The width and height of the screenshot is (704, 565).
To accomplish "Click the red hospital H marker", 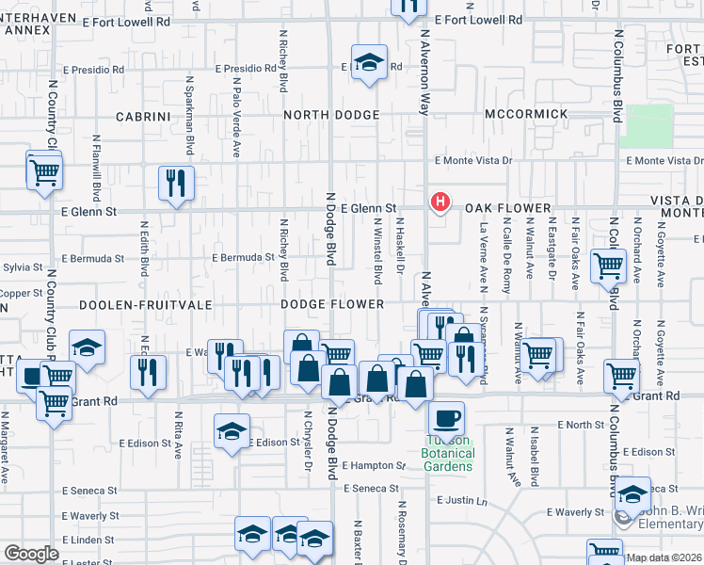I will click(439, 202).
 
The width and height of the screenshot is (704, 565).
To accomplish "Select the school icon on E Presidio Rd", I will click(370, 62).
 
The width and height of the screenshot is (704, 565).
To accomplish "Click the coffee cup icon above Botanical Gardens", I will click(446, 416).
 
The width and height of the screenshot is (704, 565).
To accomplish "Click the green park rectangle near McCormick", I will click(648, 125).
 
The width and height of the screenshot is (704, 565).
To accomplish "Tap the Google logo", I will click(31, 554).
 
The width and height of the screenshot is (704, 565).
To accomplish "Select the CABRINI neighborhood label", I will click(142, 116).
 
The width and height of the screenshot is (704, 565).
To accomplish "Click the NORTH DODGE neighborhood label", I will click(331, 115).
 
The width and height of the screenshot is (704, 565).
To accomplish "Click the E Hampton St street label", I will click(372, 465).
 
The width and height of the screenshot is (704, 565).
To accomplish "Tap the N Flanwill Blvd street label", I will click(97, 178).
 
